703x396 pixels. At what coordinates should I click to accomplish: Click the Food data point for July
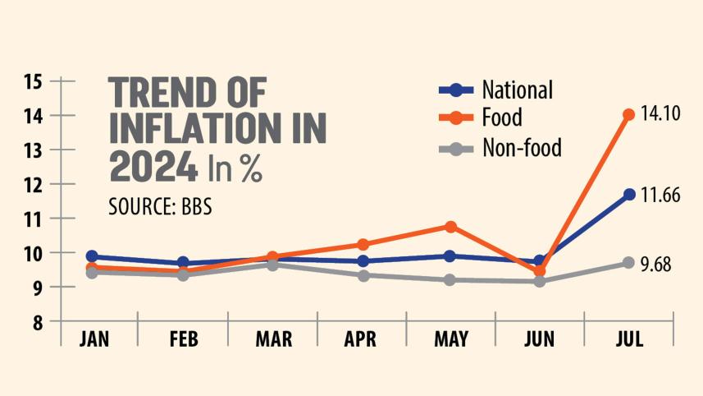click(x=628, y=115)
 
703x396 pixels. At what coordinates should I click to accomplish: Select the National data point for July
click(x=628, y=195)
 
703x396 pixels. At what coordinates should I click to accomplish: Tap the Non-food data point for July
click(x=628, y=263)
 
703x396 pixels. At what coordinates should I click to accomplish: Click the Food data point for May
click(x=450, y=226)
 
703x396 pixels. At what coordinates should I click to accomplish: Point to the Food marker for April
click(x=362, y=244)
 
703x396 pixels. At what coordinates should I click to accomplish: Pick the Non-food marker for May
click(x=450, y=280)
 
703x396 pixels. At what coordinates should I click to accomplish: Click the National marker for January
click(x=93, y=256)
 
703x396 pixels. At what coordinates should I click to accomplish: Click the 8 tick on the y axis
click(x=38, y=322)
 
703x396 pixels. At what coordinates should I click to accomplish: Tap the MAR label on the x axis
click(x=272, y=339)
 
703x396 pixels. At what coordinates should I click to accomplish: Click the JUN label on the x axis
click(x=539, y=339)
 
